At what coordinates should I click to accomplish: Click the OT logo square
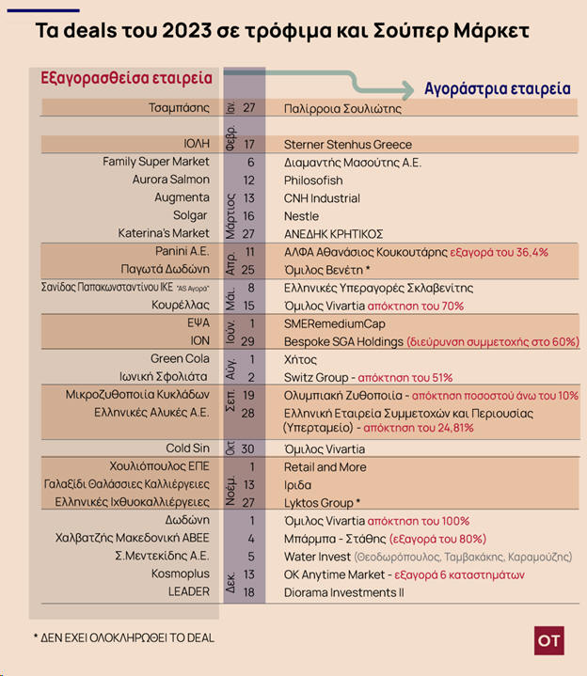[548, 640]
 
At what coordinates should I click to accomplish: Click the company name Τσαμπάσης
[179, 108]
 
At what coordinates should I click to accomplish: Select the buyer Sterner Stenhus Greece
[348, 145]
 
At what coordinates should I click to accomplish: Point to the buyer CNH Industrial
[322, 198]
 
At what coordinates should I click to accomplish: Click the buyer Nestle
[301, 216]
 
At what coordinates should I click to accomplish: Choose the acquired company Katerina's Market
[164, 233]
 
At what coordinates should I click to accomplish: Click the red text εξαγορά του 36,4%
[500, 252]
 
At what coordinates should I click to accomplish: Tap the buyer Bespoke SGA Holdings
[343, 341]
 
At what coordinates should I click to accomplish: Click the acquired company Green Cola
[180, 359]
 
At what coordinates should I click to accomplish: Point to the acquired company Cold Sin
[187, 449]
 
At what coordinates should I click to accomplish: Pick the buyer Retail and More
[325, 467]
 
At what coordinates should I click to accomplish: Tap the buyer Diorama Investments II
[343, 592]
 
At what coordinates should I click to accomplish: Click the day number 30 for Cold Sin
[249, 449]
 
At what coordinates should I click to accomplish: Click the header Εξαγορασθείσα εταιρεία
[126, 77]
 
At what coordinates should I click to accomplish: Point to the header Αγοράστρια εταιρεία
[497, 89]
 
